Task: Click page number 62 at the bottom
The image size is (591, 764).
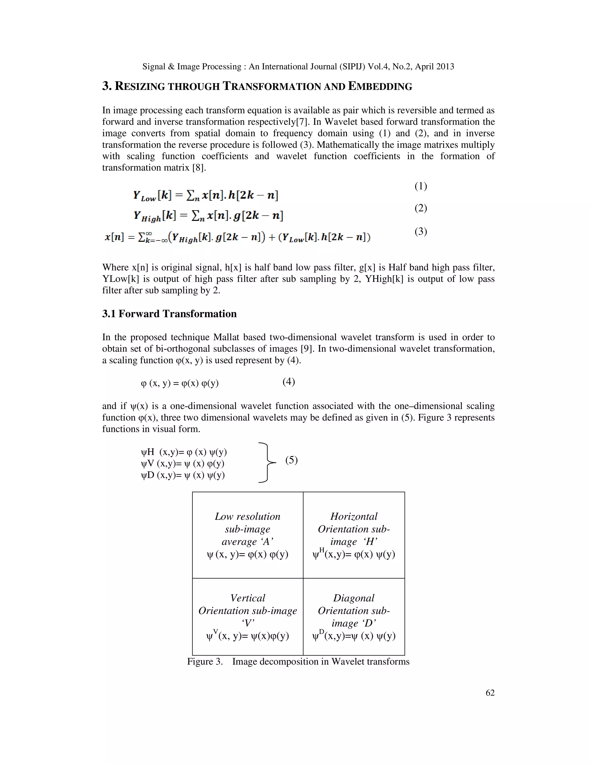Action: tap(490, 693)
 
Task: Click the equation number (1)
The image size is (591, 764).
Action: tap(420, 186)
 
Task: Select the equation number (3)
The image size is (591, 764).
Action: tap(420, 232)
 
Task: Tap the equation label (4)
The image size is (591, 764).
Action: tap(289, 381)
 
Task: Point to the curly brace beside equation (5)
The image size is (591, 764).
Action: tap(267, 462)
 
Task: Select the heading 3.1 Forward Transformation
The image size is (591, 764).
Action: tap(169, 313)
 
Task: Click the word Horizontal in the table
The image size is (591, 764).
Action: tap(354, 516)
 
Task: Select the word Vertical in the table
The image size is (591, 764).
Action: tap(248, 598)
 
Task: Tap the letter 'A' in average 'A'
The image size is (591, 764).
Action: tap(266, 541)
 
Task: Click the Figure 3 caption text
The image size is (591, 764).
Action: tap(298, 661)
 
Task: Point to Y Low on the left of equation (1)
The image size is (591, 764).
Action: tap(144, 195)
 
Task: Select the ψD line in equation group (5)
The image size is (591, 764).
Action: tap(182, 475)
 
